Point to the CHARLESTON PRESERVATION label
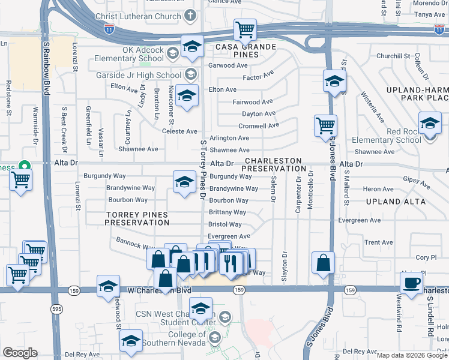[273, 165]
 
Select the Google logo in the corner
[20, 353]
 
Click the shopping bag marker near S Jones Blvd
[323, 262]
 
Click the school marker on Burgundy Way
[184, 182]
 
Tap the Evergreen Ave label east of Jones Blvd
[359, 220]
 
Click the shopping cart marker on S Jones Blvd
[325, 125]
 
